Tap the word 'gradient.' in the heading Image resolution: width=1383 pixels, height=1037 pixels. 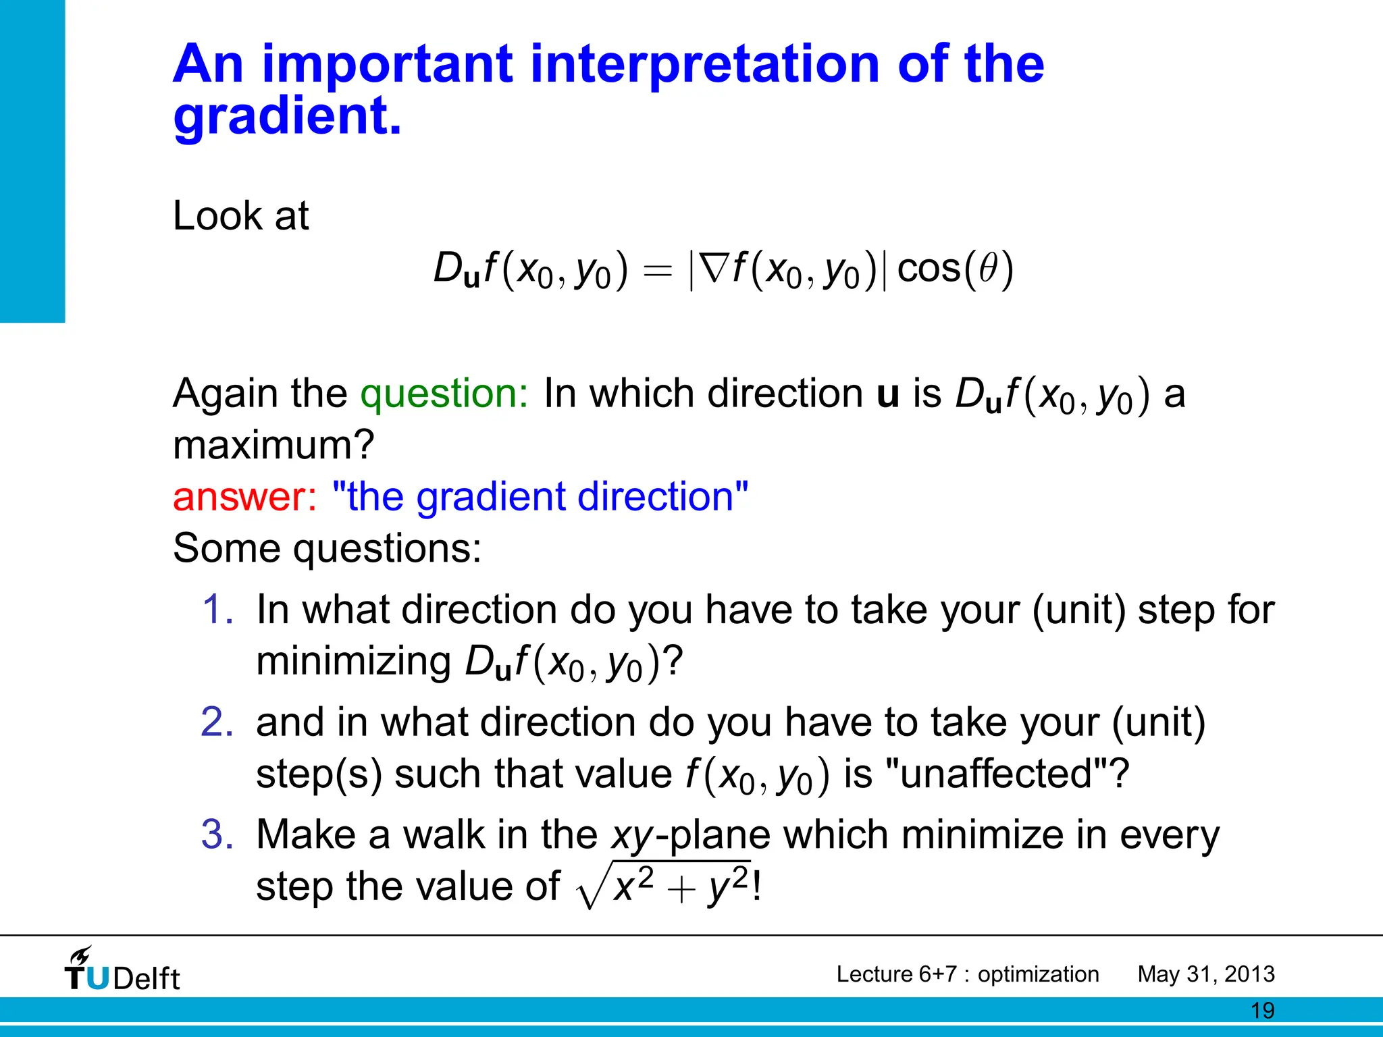click(x=287, y=116)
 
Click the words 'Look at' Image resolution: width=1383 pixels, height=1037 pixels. click(x=240, y=216)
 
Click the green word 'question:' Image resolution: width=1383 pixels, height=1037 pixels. click(x=444, y=394)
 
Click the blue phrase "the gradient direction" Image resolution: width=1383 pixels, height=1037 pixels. click(x=540, y=497)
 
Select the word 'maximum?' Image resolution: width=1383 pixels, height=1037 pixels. click(x=273, y=446)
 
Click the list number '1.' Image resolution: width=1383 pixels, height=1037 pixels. click(x=217, y=610)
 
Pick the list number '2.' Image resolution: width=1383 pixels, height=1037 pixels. click(x=217, y=722)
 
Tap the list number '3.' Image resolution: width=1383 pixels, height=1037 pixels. click(x=217, y=834)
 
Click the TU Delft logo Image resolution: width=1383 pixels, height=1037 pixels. click(x=122, y=970)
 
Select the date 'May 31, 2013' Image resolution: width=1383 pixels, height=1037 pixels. click(x=1205, y=974)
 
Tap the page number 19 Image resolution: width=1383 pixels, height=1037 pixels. click(x=1262, y=1011)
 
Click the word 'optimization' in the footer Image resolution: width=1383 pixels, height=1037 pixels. click(x=1038, y=974)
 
